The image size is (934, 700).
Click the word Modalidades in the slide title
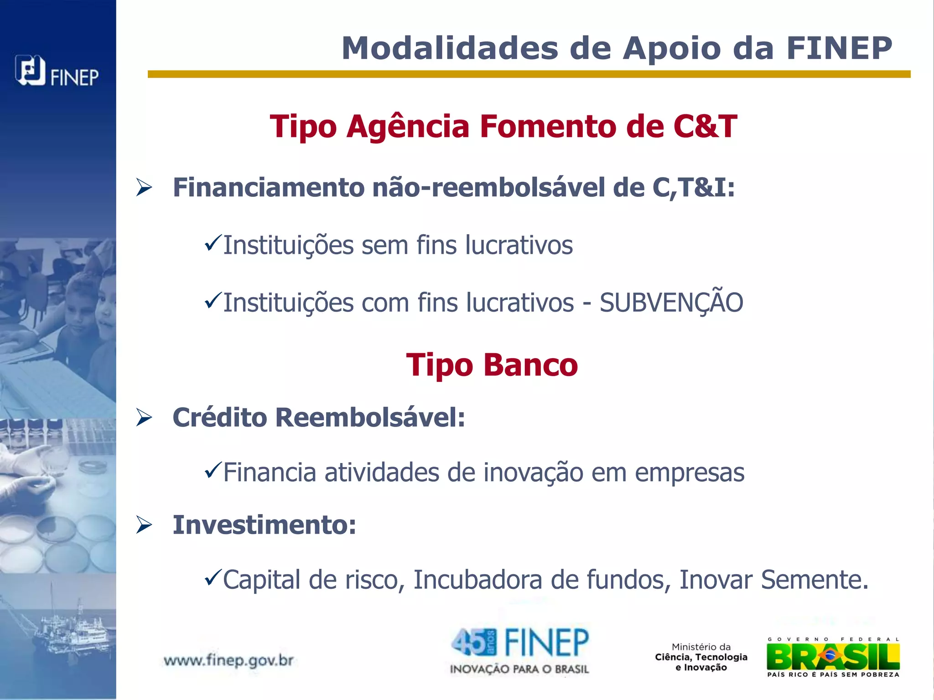[450, 48]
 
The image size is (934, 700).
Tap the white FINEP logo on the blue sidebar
[57, 71]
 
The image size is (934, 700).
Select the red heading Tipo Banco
[492, 365]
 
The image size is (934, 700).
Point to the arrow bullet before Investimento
[144, 525]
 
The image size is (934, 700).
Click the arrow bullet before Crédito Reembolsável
[144, 417]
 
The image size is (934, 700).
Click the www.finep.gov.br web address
[228, 660]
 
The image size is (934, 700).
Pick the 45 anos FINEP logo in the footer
[519, 651]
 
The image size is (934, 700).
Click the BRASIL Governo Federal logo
[833, 657]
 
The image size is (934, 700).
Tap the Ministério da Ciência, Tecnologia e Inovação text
[701, 657]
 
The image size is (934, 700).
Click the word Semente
[815, 580]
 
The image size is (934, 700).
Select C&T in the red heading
[705, 126]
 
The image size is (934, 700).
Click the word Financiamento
[269, 187]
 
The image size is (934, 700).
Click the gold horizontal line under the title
[529, 74]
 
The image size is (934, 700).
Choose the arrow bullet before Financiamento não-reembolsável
[144, 188]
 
